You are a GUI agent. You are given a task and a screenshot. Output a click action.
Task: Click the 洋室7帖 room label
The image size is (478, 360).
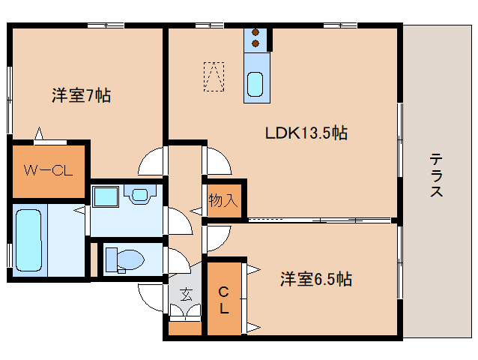pyautogui.click(x=81, y=96)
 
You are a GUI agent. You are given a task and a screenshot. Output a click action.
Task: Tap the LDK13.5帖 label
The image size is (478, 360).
pyautogui.click(x=306, y=134)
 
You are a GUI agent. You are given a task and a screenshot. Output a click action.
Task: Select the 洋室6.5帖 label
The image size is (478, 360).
pyautogui.click(x=316, y=280)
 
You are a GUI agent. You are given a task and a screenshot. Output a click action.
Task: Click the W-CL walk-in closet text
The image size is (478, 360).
pyautogui.click(x=47, y=170)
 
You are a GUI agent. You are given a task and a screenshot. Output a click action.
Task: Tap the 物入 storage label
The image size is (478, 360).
pyautogui.click(x=223, y=200)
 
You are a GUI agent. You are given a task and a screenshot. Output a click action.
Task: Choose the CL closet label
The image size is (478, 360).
pyautogui.click(x=223, y=298)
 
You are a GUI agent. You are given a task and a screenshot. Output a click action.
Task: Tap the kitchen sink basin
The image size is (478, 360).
pyautogui.click(x=255, y=85)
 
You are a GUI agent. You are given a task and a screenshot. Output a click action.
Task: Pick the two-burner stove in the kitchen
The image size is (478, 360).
pyautogui.click(x=255, y=38)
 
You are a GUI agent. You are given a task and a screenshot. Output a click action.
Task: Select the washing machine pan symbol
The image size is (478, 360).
pyautogui.click(x=140, y=195)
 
